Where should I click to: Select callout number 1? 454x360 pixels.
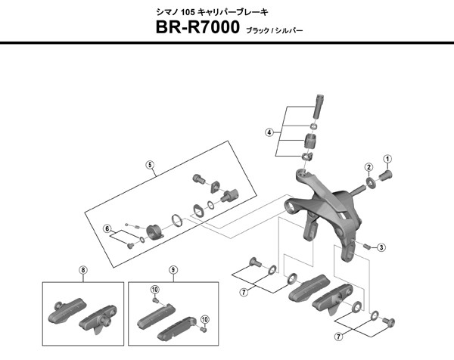click(388, 158)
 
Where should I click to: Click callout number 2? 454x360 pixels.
click(368, 167)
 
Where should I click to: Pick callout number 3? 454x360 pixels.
click(381, 247)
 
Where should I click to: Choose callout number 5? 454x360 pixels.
click(150, 164)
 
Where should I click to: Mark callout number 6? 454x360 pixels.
click(107, 228)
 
